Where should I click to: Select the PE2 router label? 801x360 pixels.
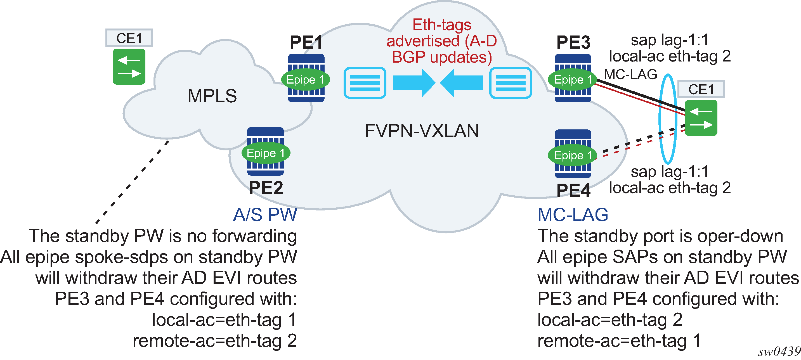coord(266,188)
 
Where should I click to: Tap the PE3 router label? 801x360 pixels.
coord(573,42)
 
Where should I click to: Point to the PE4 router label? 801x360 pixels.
coord(573,190)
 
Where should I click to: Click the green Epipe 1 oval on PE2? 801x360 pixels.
coord(266,153)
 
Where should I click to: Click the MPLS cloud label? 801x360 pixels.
coord(212,96)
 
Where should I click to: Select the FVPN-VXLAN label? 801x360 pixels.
coord(421,131)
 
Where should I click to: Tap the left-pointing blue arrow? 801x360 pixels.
coord(462,83)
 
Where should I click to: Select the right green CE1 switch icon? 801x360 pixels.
coord(701,118)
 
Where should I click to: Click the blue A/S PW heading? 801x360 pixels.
coord(265,214)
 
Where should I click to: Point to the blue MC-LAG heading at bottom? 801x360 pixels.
coord(573,214)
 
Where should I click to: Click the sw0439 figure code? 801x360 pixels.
coord(779,352)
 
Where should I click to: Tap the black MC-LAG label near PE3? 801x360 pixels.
coord(630,75)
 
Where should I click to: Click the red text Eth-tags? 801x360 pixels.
coord(441,25)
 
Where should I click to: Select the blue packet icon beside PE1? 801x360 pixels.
coord(365,83)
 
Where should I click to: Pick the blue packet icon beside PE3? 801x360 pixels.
coord(510,83)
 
